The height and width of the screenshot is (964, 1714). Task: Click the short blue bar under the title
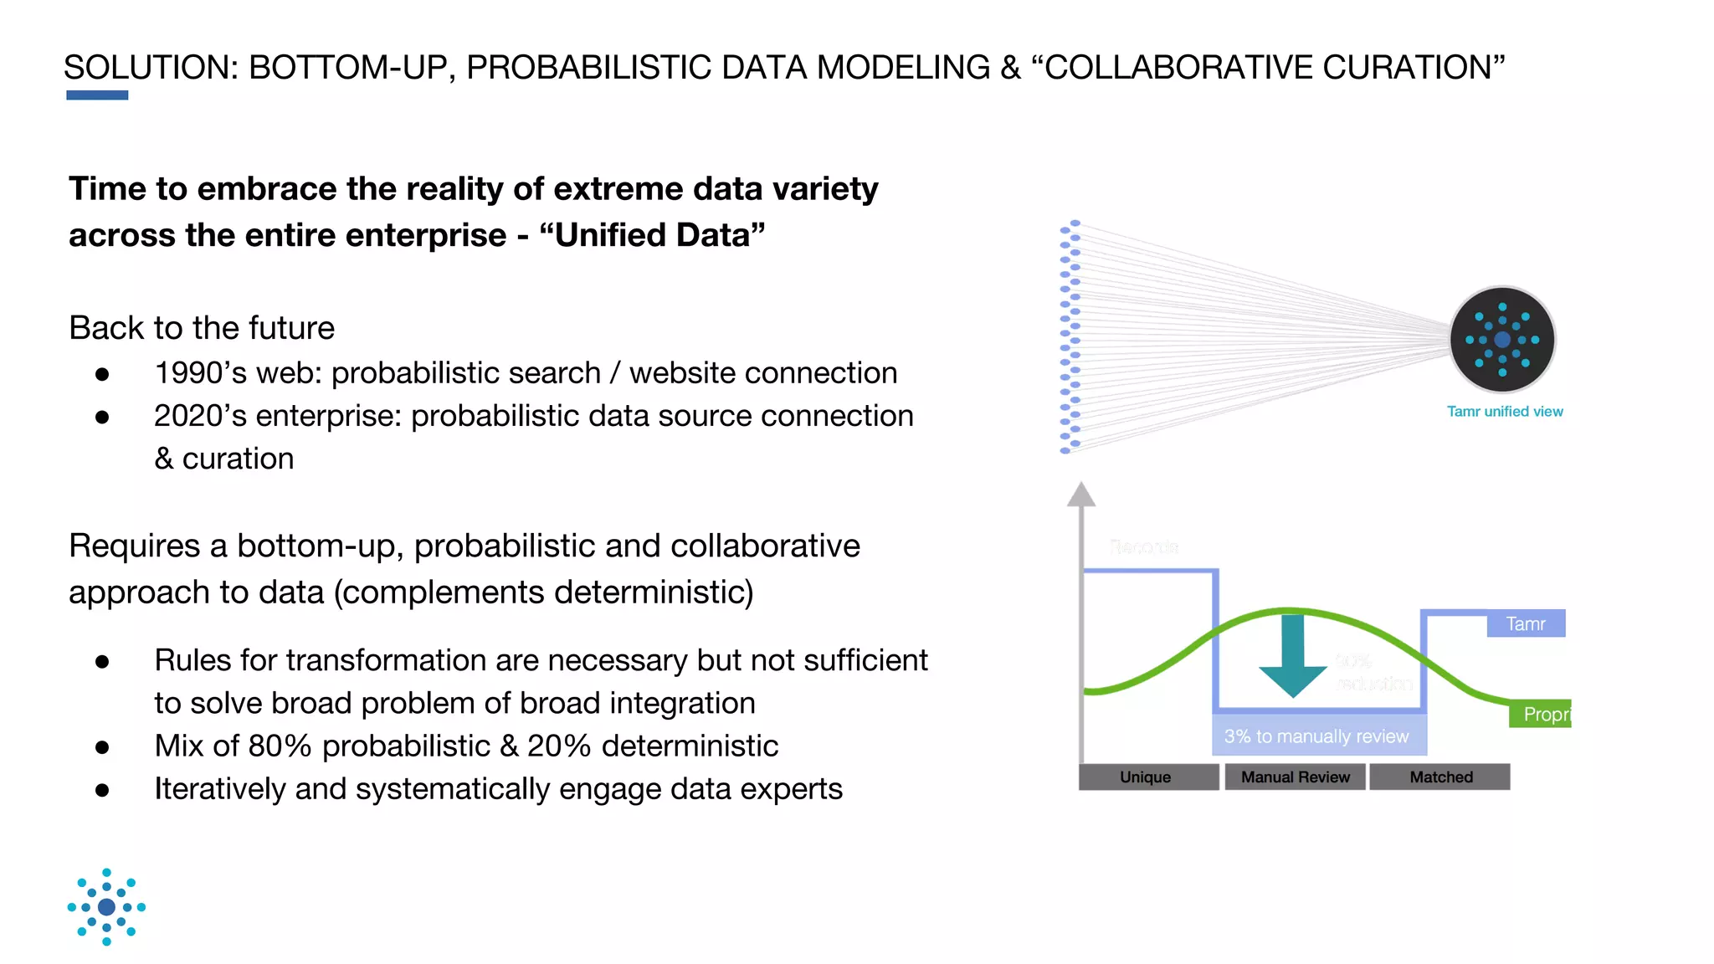click(x=97, y=95)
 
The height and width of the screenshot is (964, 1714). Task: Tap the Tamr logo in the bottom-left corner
click(x=106, y=907)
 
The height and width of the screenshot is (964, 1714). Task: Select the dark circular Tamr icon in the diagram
click(x=1502, y=340)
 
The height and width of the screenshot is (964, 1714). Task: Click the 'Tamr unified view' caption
click(x=1505, y=412)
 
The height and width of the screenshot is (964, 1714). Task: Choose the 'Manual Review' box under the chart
click(x=1295, y=777)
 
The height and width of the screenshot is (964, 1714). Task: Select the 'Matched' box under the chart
click(x=1440, y=777)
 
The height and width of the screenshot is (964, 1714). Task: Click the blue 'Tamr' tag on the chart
click(x=1526, y=624)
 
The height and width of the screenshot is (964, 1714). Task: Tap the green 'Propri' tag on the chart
click(x=1542, y=714)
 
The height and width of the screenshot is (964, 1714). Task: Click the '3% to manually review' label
click(x=1317, y=736)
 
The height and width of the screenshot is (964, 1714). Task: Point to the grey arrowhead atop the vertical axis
click(x=1081, y=495)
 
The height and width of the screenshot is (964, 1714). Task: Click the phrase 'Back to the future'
click(x=202, y=328)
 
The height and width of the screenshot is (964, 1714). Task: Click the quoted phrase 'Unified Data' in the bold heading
click(x=652, y=235)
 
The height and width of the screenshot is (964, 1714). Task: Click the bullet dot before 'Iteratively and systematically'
click(x=102, y=790)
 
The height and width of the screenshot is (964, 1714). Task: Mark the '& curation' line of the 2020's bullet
click(x=224, y=459)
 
